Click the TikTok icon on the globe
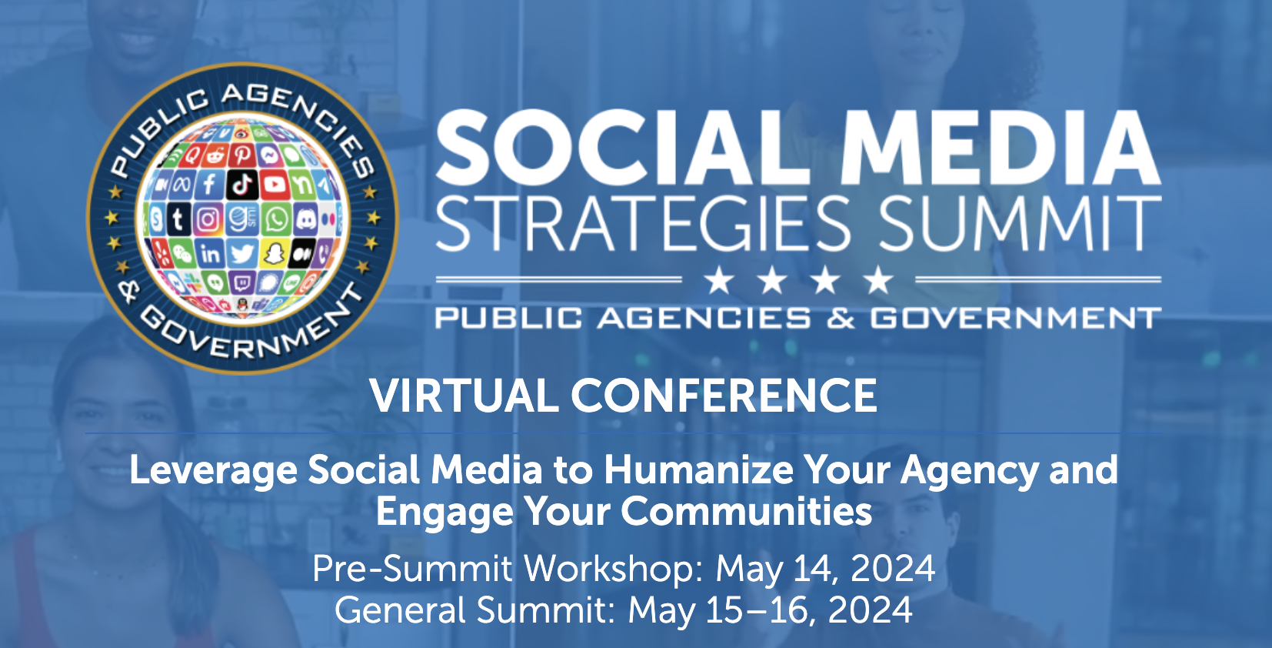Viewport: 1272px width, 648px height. [x=243, y=184]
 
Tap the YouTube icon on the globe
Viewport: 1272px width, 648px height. [x=275, y=184]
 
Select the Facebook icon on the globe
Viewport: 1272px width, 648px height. [x=209, y=184]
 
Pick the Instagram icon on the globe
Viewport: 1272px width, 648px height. [x=208, y=219]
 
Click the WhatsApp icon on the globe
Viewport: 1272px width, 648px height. [x=277, y=219]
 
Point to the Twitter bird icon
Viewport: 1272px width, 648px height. [x=242, y=253]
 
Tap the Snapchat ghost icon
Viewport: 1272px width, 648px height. [x=273, y=253]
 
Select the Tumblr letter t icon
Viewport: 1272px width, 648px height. [x=178, y=219]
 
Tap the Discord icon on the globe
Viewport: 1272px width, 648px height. [x=305, y=219]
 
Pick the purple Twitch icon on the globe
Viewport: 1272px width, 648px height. [x=241, y=282]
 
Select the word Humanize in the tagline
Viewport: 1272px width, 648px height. [x=698, y=470]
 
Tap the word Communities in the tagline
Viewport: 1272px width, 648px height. [x=746, y=511]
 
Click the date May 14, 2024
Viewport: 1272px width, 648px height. [x=825, y=569]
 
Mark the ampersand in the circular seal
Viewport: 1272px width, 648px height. [x=129, y=291]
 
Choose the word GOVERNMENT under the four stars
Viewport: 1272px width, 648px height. [x=1015, y=318]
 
